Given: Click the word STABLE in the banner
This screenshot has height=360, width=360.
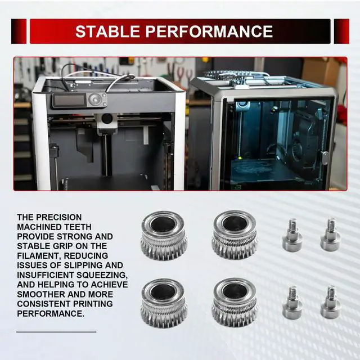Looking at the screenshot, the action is click(x=107, y=31).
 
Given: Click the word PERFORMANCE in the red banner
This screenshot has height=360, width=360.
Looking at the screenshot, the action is click(x=209, y=31).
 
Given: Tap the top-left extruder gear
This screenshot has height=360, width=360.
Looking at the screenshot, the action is click(x=164, y=235).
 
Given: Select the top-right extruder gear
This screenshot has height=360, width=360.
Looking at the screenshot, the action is click(x=235, y=235).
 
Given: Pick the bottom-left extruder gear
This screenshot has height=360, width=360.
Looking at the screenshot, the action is click(x=164, y=303).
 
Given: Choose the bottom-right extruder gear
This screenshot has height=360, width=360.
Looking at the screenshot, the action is click(x=235, y=302).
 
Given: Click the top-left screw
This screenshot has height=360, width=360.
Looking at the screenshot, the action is click(x=292, y=235).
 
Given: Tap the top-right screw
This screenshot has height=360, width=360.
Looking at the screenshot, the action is click(x=331, y=234).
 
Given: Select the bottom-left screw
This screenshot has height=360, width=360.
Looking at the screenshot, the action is click(x=292, y=303).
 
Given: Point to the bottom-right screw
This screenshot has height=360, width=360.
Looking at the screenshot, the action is click(x=331, y=302).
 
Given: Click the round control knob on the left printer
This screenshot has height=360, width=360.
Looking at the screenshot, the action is click(x=95, y=99).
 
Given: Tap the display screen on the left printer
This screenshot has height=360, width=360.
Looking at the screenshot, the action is click(x=69, y=100).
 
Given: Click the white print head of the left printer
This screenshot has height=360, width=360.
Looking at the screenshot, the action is click(x=107, y=123).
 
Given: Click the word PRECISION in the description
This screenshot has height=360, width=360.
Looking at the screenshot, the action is click(x=59, y=217).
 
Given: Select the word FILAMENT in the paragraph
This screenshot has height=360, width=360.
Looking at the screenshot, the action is click(x=38, y=255).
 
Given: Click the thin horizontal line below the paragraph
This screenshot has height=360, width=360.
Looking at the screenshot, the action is click(x=56, y=332).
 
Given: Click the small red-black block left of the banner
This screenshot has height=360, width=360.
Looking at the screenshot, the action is click(x=19, y=31).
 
